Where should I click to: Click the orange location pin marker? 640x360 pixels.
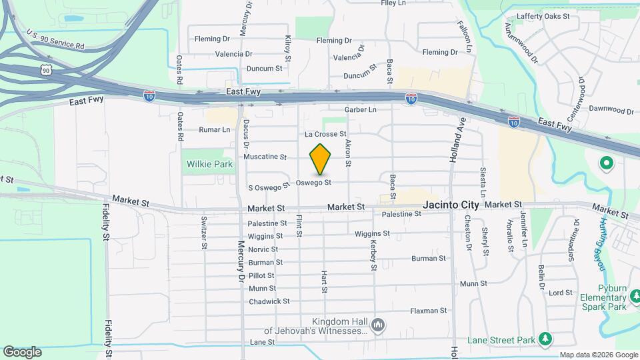click(x=320, y=159)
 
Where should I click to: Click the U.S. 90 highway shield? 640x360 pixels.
click(x=45, y=69)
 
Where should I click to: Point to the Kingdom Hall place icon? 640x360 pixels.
click(x=378, y=325)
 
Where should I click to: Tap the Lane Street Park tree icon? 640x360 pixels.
click(x=545, y=339)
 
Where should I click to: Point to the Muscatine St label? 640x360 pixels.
click(x=265, y=157)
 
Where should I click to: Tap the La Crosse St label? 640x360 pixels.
click(x=326, y=134)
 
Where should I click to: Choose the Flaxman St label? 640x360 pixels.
click(x=428, y=311)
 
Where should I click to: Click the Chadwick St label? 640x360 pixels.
click(x=269, y=301)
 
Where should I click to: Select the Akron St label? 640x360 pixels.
click(x=347, y=153)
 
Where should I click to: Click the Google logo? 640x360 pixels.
click(x=22, y=352)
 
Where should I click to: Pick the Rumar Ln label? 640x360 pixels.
click(x=215, y=129)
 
